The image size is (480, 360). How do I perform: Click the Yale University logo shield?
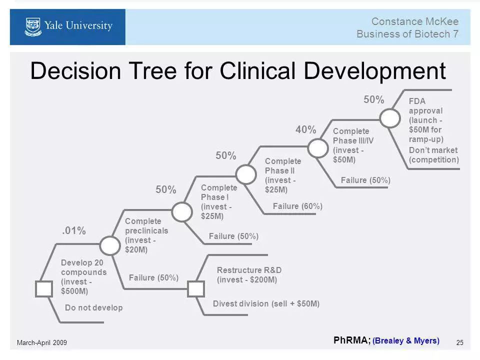click(x=33, y=26)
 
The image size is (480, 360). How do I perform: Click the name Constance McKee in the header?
click(x=414, y=21)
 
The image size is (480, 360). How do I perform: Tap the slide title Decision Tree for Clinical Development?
click(x=237, y=71)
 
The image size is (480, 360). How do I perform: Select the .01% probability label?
click(x=74, y=230)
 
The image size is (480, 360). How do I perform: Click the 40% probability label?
click(x=305, y=130)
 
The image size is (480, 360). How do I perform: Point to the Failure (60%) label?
click(x=297, y=206)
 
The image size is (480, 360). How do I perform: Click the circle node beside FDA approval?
click(x=390, y=118)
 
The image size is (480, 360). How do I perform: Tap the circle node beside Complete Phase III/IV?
click(x=317, y=148)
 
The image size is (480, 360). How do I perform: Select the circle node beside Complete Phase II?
click(x=245, y=174)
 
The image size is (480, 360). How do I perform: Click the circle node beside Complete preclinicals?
click(x=110, y=244)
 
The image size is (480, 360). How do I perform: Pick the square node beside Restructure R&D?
click(x=195, y=289)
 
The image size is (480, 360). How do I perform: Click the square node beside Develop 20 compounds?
click(x=44, y=289)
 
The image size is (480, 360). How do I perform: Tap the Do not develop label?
click(x=93, y=308)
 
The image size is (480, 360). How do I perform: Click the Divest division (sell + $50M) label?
click(x=266, y=303)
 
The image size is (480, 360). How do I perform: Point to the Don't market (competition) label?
click(x=433, y=155)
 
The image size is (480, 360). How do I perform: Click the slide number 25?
click(x=460, y=342)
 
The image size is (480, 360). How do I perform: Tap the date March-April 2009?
click(x=42, y=342)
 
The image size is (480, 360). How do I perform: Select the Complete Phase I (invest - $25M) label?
click(x=218, y=202)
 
